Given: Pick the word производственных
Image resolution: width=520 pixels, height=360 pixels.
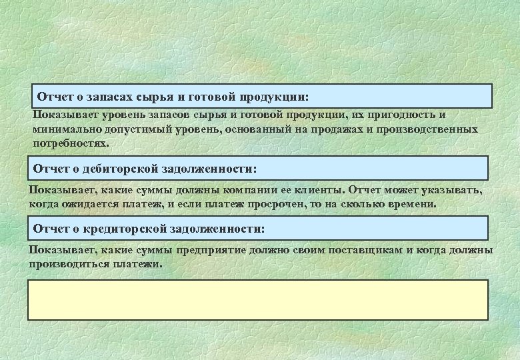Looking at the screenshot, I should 427,129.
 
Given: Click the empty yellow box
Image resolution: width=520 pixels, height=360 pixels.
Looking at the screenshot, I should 257,300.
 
